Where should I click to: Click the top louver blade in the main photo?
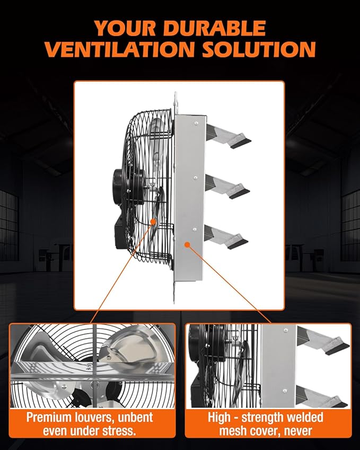click(228, 136)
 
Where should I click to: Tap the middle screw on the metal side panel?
click(196, 178)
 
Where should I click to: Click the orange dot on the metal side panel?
click(186, 244)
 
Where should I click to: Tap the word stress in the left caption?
click(119, 430)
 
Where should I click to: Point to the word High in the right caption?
click(222, 417)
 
